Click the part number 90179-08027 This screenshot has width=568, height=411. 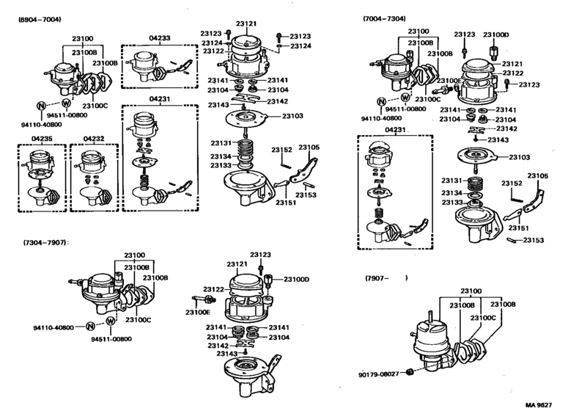[x=380, y=374]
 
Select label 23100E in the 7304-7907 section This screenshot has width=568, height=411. [x=198, y=312]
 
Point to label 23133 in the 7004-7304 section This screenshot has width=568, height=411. [x=451, y=202]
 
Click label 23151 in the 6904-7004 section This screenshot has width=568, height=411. [x=286, y=203]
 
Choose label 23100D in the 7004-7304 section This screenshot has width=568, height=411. [x=495, y=34]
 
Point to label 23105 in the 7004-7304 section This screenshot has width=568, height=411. [x=538, y=175]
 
